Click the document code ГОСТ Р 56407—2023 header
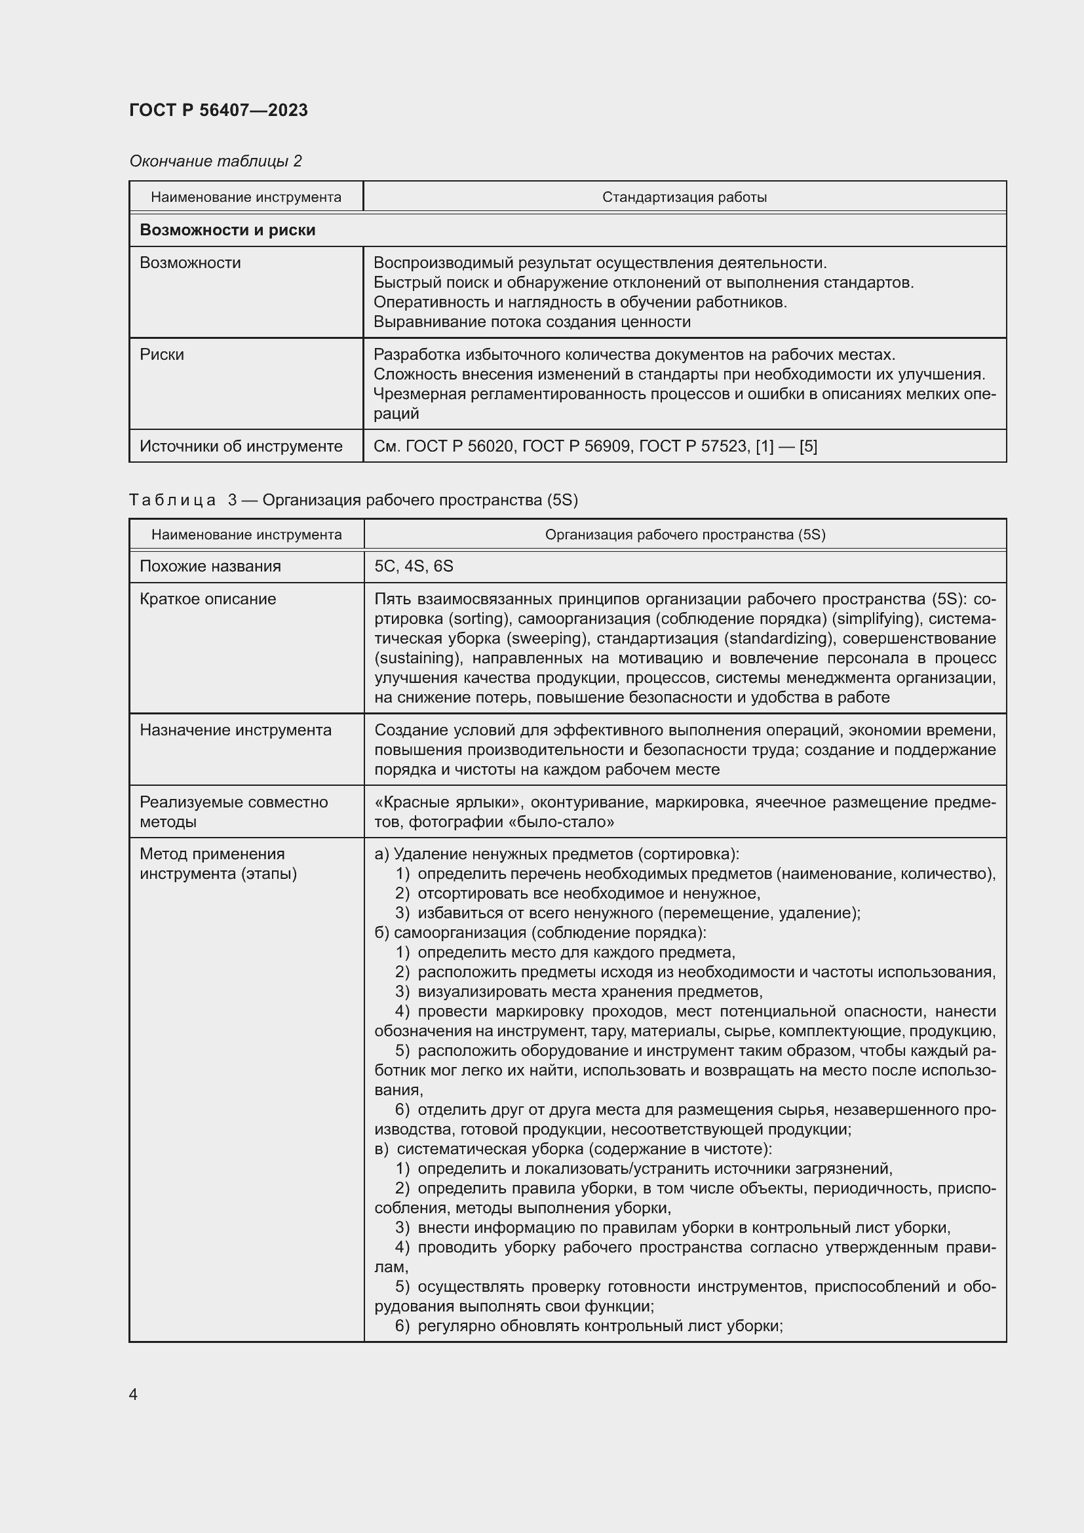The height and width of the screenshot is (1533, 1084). pos(218,110)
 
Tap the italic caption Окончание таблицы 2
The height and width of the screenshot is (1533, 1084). pos(215,161)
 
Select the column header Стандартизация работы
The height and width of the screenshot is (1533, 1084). pos(684,197)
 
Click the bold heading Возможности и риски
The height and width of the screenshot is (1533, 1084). pos(227,230)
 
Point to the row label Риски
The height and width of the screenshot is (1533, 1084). pos(161,355)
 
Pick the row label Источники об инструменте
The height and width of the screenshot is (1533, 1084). pos(241,446)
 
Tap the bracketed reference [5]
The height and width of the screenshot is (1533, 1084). pos(807,446)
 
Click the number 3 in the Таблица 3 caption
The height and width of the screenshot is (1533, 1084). pos(232,500)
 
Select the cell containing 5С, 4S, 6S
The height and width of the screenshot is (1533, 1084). pos(414,566)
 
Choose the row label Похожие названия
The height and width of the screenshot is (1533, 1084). pos(210,566)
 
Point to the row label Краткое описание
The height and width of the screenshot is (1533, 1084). pos(208,599)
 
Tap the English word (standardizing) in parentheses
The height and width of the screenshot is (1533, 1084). pos(779,638)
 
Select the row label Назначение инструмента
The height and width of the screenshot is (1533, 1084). pos(235,729)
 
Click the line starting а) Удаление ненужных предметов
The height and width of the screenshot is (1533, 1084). pos(556,854)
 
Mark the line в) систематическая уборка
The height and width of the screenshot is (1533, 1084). pos(573,1149)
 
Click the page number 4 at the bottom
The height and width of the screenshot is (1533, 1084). pos(133,1395)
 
